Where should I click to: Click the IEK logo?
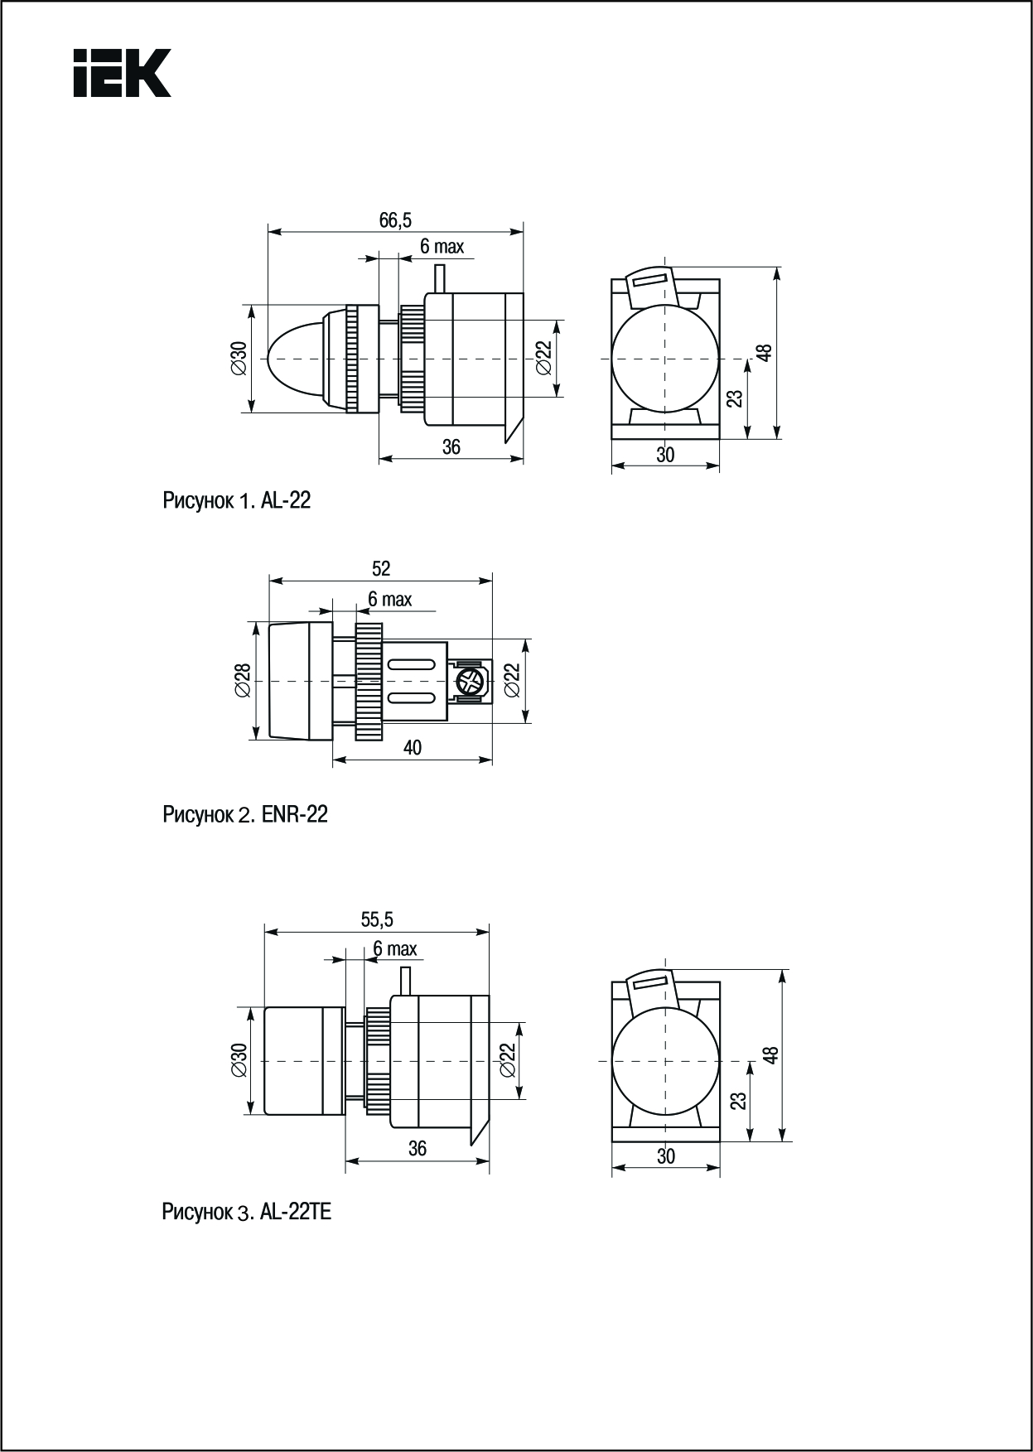tap(122, 73)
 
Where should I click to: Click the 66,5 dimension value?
tap(395, 219)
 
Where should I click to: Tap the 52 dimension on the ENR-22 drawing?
tap(380, 568)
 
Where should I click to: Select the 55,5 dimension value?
tap(377, 919)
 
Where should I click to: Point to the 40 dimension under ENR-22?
tap(412, 747)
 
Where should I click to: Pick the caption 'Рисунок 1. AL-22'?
tap(236, 500)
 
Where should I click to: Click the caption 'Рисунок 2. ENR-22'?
tap(245, 815)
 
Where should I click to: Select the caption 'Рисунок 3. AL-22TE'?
tap(247, 1213)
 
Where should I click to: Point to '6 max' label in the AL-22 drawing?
tap(442, 246)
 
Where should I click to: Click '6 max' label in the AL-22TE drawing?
tap(395, 948)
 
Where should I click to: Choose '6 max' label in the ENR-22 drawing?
tap(389, 598)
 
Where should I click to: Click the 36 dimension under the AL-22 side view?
tap(451, 447)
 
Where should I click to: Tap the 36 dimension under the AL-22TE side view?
tap(418, 1148)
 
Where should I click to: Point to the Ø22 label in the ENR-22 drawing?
tap(513, 680)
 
